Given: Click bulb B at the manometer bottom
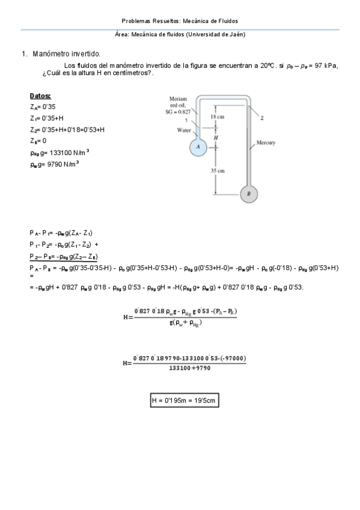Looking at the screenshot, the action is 248,194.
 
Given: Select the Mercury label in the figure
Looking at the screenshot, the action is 266,143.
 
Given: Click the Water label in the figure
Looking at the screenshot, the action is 183,129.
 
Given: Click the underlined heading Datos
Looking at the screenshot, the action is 40,96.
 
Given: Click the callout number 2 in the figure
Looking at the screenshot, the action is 262,118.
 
